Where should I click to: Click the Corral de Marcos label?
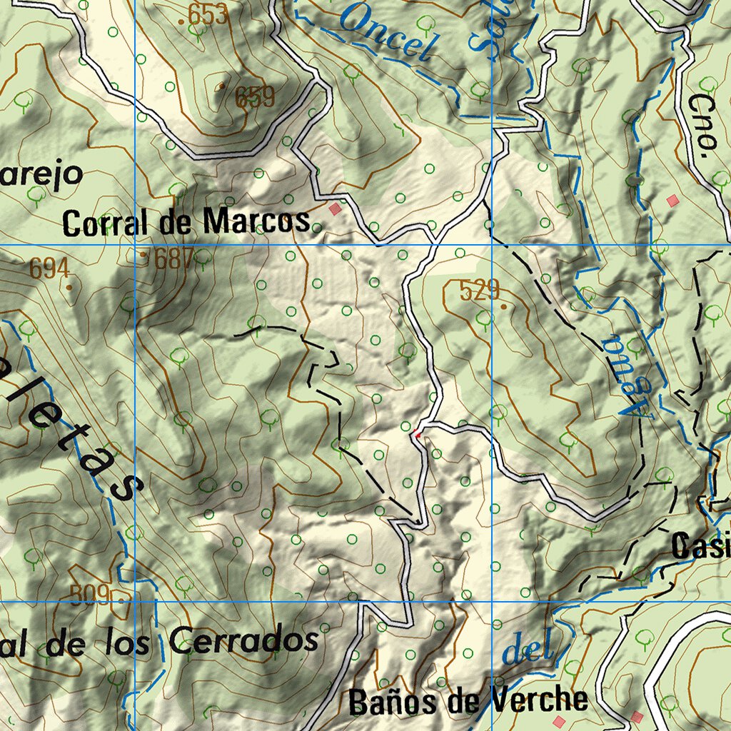point(187,223)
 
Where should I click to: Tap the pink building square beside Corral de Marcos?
point(335,209)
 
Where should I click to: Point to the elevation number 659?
point(255,97)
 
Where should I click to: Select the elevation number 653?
point(208,14)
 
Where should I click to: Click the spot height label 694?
point(49,269)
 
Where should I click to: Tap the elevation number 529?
point(480,291)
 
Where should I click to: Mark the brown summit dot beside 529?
point(504,307)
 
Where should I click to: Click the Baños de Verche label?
point(468,702)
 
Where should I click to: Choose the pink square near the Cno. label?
point(671,201)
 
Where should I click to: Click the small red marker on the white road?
point(418,432)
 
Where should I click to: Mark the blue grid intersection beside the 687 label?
point(136,245)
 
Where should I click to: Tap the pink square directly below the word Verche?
point(558,722)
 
